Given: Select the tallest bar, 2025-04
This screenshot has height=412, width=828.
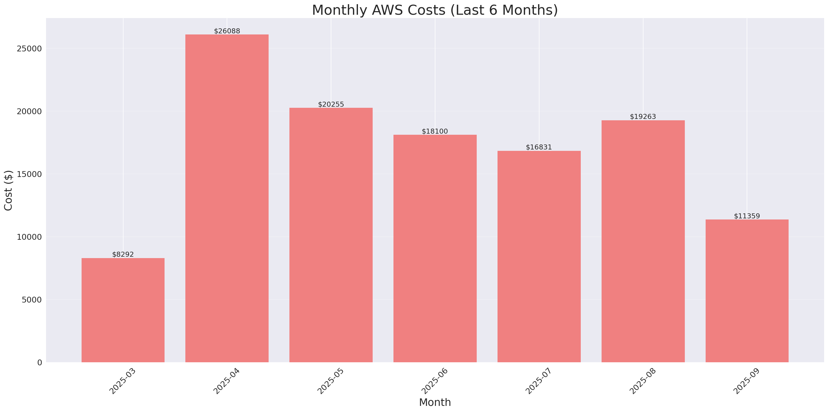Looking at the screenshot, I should (x=227, y=198).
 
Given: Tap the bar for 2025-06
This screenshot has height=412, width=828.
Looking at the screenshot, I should (x=435, y=248).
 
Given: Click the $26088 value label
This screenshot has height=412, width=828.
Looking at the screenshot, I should (x=227, y=31).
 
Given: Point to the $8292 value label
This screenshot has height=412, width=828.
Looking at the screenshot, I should (x=123, y=254).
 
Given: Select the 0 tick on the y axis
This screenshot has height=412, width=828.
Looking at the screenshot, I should (x=39, y=363).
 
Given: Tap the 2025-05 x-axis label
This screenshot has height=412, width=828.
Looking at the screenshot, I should (x=330, y=381).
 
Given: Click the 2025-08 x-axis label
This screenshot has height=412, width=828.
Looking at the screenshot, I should (x=642, y=381).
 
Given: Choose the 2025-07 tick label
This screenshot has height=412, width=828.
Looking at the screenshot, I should (x=538, y=381).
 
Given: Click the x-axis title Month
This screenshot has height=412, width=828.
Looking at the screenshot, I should (x=435, y=402).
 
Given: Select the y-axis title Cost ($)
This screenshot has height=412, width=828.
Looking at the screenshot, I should (x=8, y=190).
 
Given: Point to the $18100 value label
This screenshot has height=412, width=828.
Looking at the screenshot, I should (x=435, y=132).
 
